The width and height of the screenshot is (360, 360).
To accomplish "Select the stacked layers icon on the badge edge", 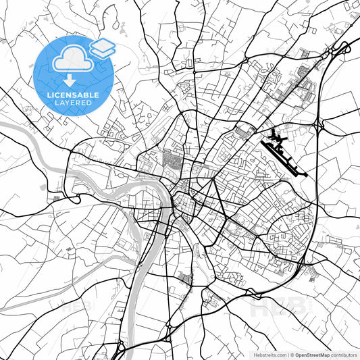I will tap(103, 48).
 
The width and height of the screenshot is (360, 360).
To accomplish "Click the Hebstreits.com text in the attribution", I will tap(269, 355).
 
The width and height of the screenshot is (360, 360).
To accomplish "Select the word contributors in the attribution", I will tap(343, 355).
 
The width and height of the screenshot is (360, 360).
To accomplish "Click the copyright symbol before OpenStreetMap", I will tap(292, 355).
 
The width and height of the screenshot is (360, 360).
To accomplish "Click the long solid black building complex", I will tap(287, 153).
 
